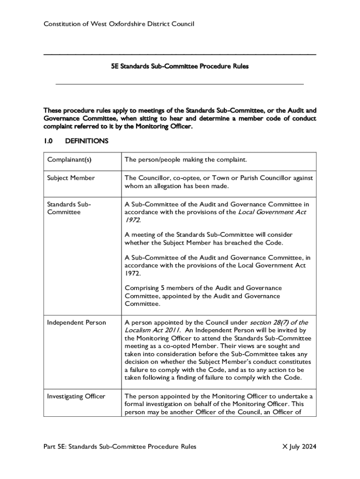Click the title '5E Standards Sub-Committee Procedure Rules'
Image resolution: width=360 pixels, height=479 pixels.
pyautogui.click(x=180, y=66)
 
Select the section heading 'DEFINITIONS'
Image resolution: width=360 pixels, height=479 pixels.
pyautogui.click(x=87, y=141)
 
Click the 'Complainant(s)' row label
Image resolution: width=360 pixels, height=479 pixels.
pyautogui.click(x=69, y=160)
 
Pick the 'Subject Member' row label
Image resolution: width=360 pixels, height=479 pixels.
pyautogui.click(x=71, y=178)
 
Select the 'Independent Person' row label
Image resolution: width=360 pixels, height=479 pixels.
pyautogui.click(x=77, y=322)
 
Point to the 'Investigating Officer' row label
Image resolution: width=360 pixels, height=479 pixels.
pyautogui.click(x=76, y=396)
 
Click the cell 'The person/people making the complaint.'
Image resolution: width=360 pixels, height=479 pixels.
pyautogui.click(x=185, y=160)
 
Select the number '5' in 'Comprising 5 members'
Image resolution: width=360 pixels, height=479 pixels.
pyautogui.click(x=161, y=288)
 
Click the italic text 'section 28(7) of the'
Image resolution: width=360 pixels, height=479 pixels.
pyautogui.click(x=279, y=322)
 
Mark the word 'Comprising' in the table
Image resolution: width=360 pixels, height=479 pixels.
pyautogui.click(x=141, y=288)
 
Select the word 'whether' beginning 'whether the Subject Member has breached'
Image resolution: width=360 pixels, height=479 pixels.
pyautogui.click(x=136, y=243)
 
